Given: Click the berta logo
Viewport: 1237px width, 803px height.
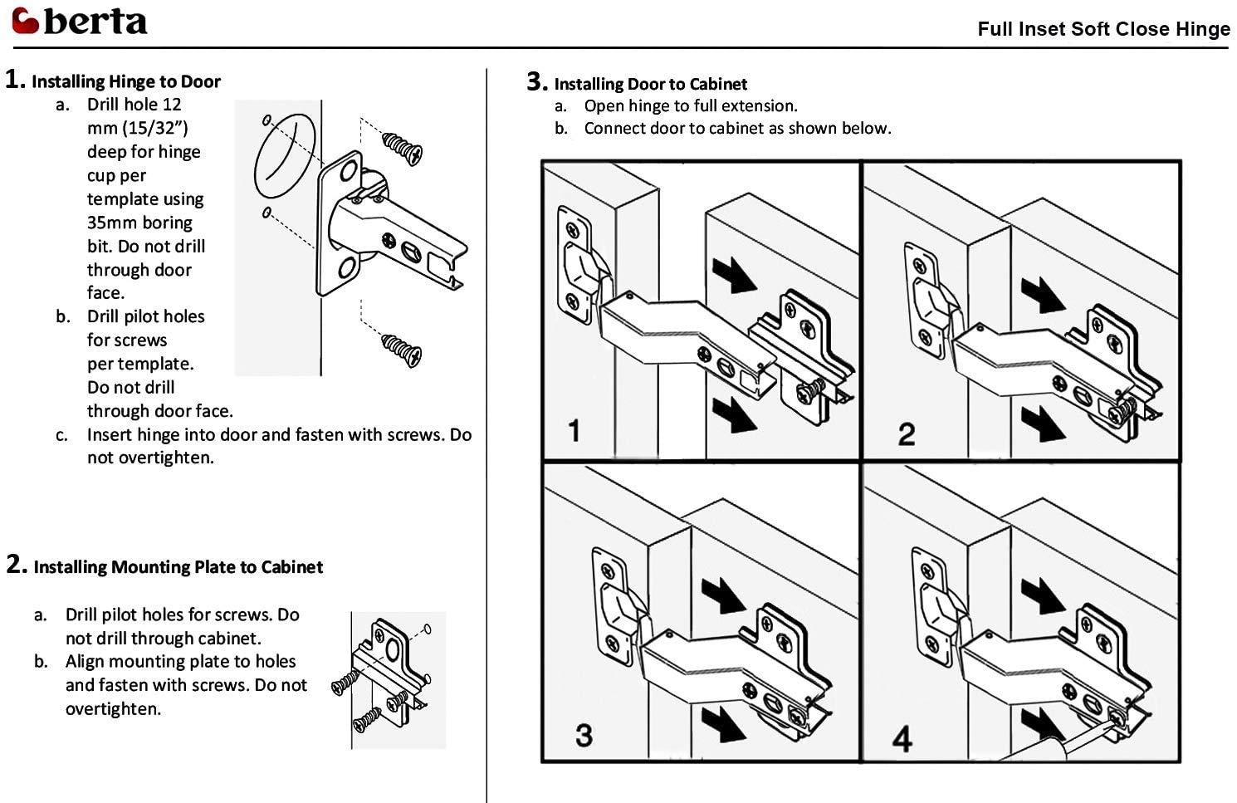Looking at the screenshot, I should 80,21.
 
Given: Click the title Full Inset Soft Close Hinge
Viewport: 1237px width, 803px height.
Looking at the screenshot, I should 1103,29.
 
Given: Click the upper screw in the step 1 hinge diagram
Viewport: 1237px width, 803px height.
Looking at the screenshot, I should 403,146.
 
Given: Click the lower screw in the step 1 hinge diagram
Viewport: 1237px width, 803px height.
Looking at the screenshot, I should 402,349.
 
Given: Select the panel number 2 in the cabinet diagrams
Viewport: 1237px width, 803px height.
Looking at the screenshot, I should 906,434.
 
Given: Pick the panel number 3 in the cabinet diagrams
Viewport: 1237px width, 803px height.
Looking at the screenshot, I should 584,735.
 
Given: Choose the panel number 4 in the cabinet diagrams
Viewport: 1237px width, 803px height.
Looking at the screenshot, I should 902,737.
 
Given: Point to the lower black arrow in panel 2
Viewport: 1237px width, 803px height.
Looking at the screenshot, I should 1043,424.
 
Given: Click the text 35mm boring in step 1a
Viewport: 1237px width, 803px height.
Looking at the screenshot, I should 139,223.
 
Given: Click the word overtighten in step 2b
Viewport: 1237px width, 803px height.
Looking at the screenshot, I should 113,709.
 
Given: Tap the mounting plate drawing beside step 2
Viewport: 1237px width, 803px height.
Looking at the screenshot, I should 389,677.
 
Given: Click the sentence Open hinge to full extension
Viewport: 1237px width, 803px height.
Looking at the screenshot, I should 690,105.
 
